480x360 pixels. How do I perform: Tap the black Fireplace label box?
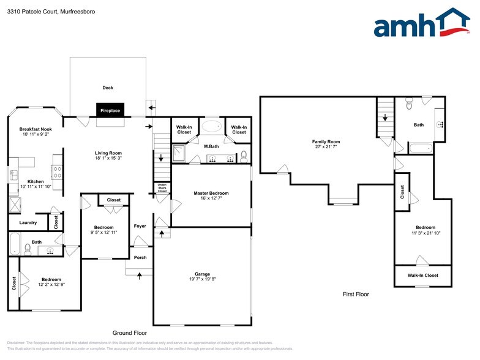tap(110, 110)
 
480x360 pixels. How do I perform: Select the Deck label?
tap(108, 88)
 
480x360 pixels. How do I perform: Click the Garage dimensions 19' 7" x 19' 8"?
tap(202, 280)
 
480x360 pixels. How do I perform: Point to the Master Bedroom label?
tap(211, 193)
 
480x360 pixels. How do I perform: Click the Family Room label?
tap(326, 141)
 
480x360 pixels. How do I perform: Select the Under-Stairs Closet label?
tap(162, 188)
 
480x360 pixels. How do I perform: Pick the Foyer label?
tap(140, 226)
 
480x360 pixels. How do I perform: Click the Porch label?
tap(140, 257)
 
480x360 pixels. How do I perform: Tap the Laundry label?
tap(28, 223)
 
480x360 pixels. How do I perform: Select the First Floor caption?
tap(356, 294)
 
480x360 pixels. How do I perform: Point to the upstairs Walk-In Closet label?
tap(422, 276)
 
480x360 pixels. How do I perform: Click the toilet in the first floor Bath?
tap(409, 105)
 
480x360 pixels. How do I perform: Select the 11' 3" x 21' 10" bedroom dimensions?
tap(426, 233)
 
